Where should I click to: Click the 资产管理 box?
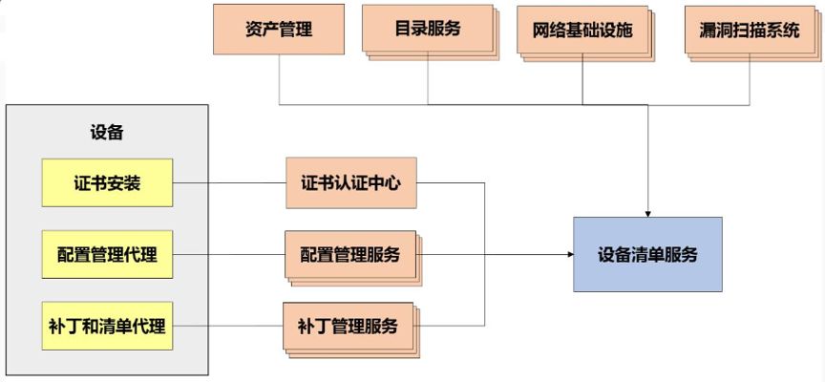[x=278, y=29]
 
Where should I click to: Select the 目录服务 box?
[x=427, y=29]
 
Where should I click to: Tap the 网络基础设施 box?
[x=582, y=30]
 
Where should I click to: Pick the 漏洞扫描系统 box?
[x=742, y=30]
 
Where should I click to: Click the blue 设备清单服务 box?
[x=647, y=254]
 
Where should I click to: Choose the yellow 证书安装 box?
[x=107, y=182]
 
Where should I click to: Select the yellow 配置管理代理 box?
[x=107, y=254]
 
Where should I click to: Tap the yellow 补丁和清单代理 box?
[x=107, y=326]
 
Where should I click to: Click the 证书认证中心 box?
[x=351, y=182]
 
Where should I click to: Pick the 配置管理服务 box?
[x=349, y=254]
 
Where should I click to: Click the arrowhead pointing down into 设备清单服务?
[x=648, y=211]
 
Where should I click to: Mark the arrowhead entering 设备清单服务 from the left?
[x=567, y=255]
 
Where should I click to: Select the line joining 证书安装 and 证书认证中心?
[x=229, y=182]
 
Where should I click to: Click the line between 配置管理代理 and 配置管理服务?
[x=229, y=254]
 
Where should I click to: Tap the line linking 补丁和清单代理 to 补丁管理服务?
[x=229, y=326]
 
